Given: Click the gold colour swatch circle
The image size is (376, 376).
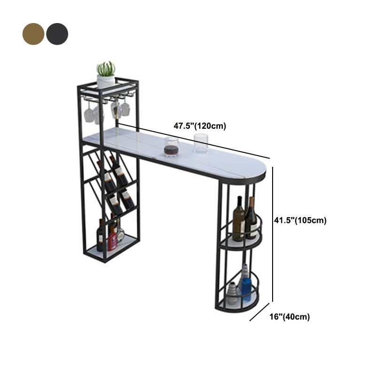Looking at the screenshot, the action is (x=33, y=34).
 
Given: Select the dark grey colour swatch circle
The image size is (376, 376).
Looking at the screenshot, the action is (x=57, y=34).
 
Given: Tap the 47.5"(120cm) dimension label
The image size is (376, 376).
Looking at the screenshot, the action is (x=200, y=126).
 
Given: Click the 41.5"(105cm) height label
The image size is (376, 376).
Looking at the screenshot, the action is (x=300, y=220).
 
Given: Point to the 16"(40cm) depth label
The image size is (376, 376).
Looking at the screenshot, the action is (x=290, y=316).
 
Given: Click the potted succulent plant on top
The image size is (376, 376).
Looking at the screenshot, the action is (x=106, y=74).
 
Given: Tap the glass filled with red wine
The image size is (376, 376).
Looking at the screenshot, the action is (x=172, y=147).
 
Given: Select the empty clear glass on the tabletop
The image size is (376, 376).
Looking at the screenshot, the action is (x=201, y=143).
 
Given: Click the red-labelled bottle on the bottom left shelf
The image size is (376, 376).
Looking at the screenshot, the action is (x=112, y=238).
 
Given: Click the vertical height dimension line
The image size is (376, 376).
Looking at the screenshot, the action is (x=273, y=234).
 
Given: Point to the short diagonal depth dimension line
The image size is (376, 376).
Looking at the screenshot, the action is (x=259, y=312).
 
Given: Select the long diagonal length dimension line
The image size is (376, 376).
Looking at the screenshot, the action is (x=194, y=141).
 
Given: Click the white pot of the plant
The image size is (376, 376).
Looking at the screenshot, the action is (x=106, y=81).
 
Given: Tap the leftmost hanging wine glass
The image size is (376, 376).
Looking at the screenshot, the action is (x=88, y=111).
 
